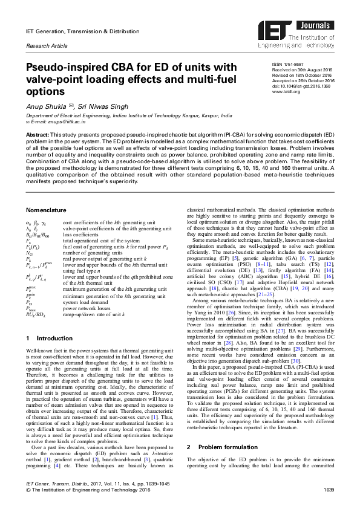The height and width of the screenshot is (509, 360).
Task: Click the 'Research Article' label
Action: [45, 47]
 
